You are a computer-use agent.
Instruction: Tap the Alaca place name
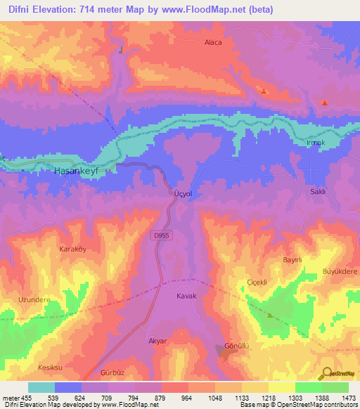[x=212, y=42]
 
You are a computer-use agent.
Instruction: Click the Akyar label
[x=159, y=341]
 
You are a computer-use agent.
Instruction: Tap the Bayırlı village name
[x=292, y=260]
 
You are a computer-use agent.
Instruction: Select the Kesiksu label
[x=51, y=368]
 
